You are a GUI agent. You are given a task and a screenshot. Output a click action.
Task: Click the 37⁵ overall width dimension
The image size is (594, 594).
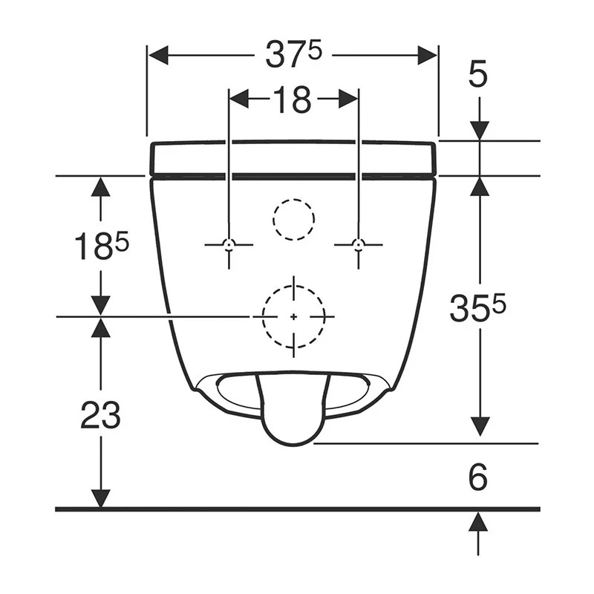pyautogui.click(x=293, y=54)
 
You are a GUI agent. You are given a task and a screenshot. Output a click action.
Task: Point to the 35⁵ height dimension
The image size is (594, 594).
pyautogui.click(x=477, y=308)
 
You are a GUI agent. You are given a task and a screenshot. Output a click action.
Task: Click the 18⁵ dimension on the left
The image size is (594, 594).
pyautogui.click(x=102, y=246)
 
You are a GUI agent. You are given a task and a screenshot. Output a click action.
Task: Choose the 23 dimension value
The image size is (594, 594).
pyautogui.click(x=101, y=414)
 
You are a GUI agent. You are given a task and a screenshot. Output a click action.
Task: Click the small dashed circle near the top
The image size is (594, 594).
pyautogui.click(x=293, y=199)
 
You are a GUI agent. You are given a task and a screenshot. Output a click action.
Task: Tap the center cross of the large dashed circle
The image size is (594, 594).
pyautogui.click(x=294, y=317)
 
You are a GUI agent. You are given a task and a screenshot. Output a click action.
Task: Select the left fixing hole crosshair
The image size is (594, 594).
pyautogui.click(x=229, y=245)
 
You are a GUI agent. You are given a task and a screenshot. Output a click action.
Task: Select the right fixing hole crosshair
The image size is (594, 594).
pyautogui.click(x=359, y=245)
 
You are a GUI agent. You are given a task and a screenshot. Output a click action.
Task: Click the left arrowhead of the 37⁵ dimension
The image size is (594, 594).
pyautogui.click(x=158, y=55)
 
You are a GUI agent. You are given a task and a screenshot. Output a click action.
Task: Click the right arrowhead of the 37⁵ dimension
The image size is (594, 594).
pyautogui.click(x=428, y=55)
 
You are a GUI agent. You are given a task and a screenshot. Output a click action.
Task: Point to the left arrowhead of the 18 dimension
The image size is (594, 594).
pyautogui.click(x=239, y=99)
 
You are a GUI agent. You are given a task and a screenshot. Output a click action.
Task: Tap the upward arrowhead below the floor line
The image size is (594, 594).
pyautogui.click(x=477, y=521)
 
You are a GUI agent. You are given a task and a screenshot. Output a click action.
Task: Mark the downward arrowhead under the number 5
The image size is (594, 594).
pyautogui.click(x=480, y=131)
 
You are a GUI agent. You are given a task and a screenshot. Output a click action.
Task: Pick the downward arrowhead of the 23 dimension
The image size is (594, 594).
pyautogui.click(x=101, y=498)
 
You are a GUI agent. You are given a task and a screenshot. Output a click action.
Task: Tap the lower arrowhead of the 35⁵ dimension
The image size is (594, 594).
pyautogui.click(x=480, y=426)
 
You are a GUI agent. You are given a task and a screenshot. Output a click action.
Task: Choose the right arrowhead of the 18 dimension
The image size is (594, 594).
pyautogui.click(x=347, y=99)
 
